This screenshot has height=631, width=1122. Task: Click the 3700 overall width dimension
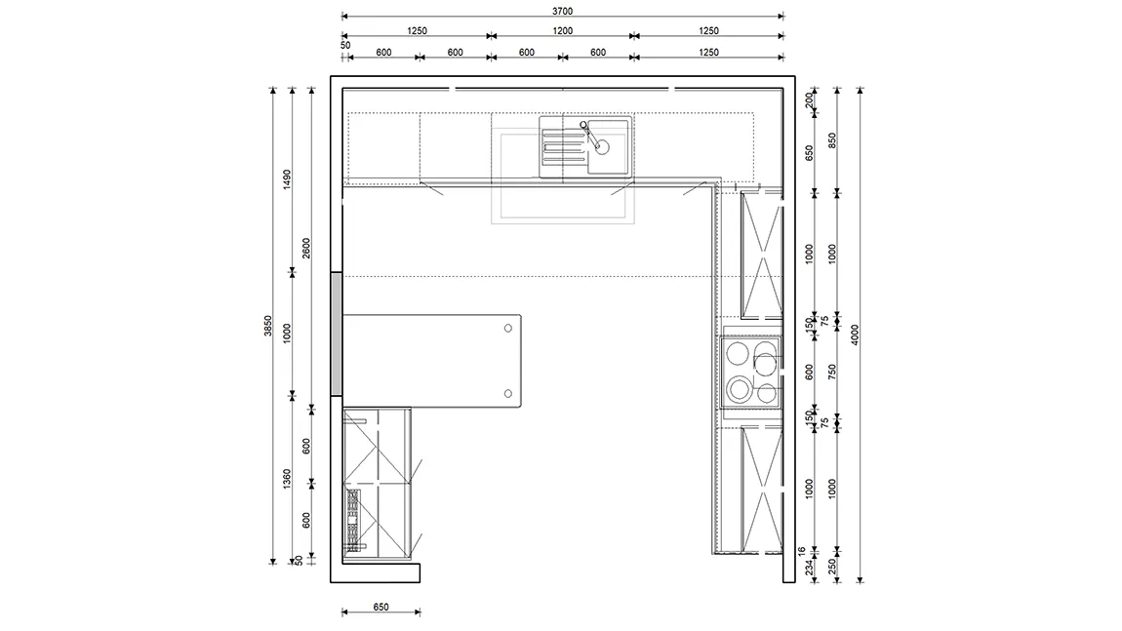pos(562,12)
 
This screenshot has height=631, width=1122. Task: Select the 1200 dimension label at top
pos(562,31)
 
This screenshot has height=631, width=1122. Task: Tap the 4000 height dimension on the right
pos(855,335)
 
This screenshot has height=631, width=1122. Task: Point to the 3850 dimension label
pos(267,327)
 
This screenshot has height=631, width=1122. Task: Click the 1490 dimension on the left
pos(287,179)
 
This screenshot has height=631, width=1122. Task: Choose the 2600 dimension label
pos(306,249)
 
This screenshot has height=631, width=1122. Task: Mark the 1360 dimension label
pos(287,479)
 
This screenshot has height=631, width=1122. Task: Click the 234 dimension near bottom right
pos(809,568)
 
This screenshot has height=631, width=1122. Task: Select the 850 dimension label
pos(832,140)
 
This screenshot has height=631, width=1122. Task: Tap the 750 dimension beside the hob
pos(832,372)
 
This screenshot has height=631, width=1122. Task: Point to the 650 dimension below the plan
pos(381,607)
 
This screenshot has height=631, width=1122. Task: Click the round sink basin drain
pos(603,146)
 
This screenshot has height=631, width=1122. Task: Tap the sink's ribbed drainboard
pos(564,145)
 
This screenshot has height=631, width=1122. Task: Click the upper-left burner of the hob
pos(738,353)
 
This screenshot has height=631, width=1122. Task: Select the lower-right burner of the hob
pos(766,393)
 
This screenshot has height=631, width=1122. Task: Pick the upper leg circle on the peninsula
pos(508,329)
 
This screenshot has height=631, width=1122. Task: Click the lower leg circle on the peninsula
pos(508,393)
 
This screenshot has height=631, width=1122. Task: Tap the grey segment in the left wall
pos(336,334)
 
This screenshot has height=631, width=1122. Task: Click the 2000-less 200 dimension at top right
pos(809,99)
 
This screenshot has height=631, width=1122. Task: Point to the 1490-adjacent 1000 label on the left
pos(287,334)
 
